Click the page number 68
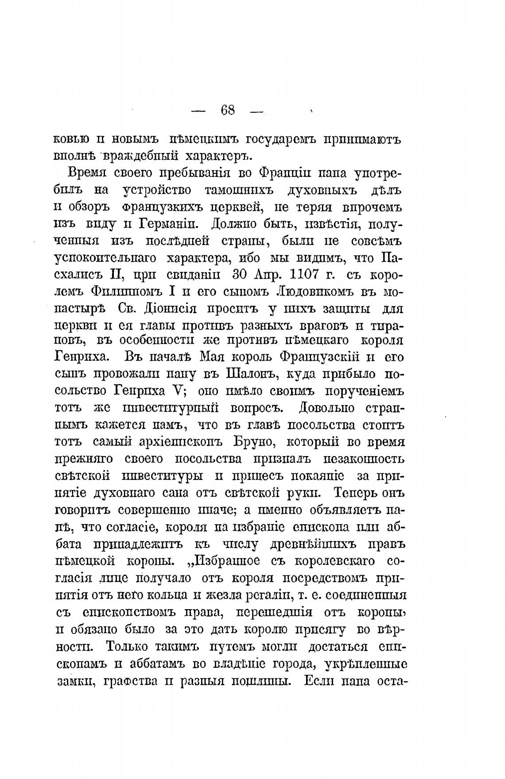click(228, 110)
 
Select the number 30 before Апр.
click(242, 274)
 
